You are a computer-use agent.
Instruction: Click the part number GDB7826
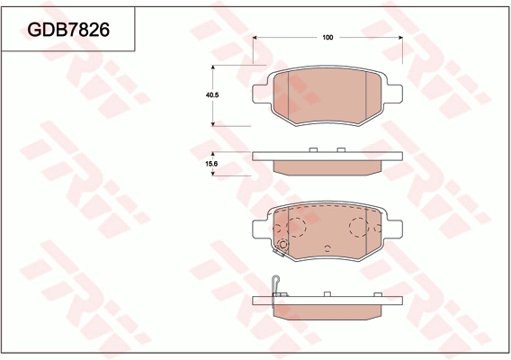69,30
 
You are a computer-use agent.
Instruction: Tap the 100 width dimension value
327,37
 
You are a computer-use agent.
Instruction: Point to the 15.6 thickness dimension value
213,165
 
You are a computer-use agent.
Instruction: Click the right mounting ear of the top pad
392,92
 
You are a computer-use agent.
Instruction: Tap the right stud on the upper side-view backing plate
341,149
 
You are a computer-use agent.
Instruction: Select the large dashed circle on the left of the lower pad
297,227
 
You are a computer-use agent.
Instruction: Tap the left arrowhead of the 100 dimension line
257,37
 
